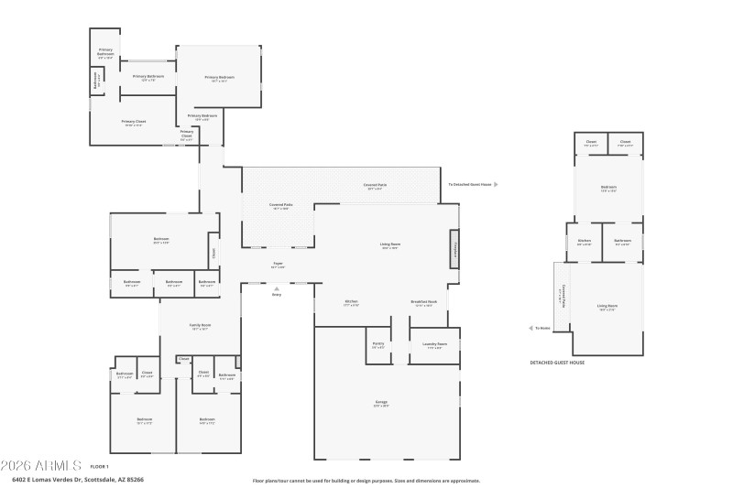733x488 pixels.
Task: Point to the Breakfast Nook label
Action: (423, 303)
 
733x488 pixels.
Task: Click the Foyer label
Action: (278, 264)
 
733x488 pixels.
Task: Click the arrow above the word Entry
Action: (277, 288)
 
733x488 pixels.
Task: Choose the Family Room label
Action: (201, 326)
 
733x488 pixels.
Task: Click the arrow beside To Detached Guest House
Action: (496, 184)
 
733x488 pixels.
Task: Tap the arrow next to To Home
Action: (531, 327)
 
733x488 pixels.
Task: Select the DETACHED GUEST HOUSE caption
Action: (557, 363)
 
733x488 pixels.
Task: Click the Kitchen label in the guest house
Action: (584, 243)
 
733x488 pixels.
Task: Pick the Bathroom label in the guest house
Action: (622, 243)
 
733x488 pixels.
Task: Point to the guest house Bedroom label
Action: (608, 189)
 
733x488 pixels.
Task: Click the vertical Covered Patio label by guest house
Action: (561, 294)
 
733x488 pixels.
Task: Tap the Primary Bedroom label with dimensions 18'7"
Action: (220, 78)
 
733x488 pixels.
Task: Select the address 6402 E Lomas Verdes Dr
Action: (77, 479)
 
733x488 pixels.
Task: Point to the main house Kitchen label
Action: (350, 303)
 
